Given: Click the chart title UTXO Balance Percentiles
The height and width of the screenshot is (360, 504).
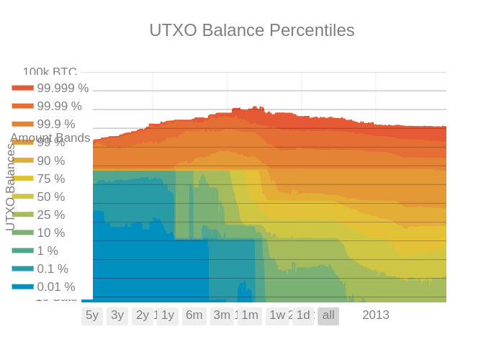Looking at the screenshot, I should (252, 30).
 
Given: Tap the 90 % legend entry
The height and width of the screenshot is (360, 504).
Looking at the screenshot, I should (50, 161).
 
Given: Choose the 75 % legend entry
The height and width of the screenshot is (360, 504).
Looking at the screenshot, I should (50, 179).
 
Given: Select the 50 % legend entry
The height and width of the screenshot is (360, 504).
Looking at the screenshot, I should (50, 197).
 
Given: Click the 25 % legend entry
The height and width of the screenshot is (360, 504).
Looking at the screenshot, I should (50, 215).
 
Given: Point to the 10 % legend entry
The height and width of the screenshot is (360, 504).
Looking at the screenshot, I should (50, 233).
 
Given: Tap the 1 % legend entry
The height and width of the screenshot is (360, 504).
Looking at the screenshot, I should (48, 251).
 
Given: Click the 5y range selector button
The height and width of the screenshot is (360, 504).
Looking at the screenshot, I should (92, 315).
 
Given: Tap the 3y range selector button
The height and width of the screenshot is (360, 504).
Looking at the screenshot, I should (117, 315).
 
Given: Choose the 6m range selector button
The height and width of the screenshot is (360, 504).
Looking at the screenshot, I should (194, 315).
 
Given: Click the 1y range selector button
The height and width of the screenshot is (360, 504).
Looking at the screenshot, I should (168, 315).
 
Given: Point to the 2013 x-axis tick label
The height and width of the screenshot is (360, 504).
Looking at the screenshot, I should (375, 315).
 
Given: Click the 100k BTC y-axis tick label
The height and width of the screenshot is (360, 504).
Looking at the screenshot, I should (50, 72).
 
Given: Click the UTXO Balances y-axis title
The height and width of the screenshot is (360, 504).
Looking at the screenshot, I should (10, 187).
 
